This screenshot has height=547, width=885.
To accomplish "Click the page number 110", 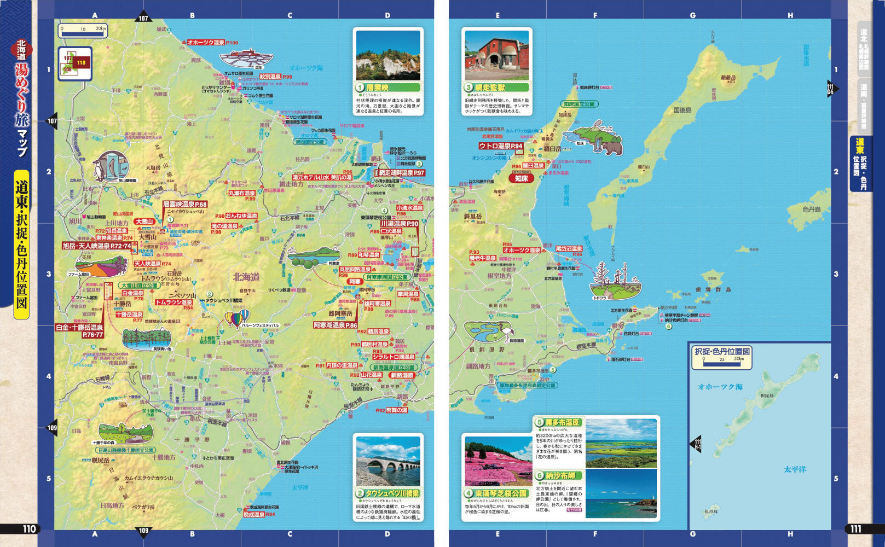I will point(28,529).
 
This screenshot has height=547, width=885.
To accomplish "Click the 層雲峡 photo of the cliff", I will point(387,55).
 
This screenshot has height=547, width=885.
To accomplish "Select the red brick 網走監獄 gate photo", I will point(496,55).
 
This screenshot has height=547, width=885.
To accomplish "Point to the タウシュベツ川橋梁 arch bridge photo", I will point(387,461).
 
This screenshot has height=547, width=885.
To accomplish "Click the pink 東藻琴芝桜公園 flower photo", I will point(498,461).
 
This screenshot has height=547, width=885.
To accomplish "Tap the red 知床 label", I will point(521,178).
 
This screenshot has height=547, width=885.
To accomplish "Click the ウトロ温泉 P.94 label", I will point(501,146).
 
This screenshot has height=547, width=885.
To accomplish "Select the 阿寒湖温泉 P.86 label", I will point(335,325).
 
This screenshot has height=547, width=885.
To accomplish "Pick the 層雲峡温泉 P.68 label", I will point(185,204).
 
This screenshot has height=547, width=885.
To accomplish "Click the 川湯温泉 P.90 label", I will point(399,224).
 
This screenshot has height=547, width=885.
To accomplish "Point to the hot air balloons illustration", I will point(237,318).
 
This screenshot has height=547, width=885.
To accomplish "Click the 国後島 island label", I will point(682,110).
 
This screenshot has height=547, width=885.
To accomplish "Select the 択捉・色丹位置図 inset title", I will point(722,351).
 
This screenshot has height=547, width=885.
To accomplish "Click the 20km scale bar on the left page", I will point(83,31).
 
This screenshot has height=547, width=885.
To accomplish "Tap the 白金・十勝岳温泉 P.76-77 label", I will point(79,331).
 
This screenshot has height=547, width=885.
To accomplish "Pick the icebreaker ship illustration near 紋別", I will point(246,59).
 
